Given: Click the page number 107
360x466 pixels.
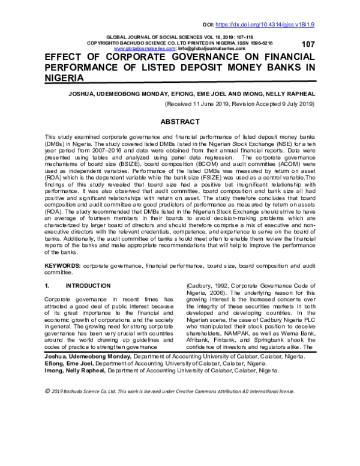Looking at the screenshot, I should click(x=308, y=44).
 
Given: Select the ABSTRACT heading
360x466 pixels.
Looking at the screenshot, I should click(x=179, y=121).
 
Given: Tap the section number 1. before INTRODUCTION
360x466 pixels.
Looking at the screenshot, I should click(x=48, y=285).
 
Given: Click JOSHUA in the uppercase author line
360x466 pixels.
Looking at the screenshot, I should click(x=84, y=94).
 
